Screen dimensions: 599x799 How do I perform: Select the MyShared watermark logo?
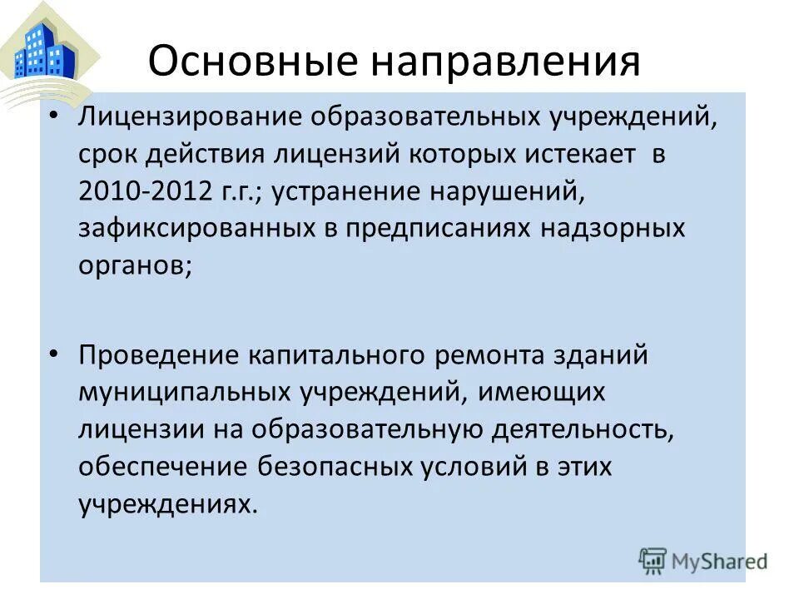703,560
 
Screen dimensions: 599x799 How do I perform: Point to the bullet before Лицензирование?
54,117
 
